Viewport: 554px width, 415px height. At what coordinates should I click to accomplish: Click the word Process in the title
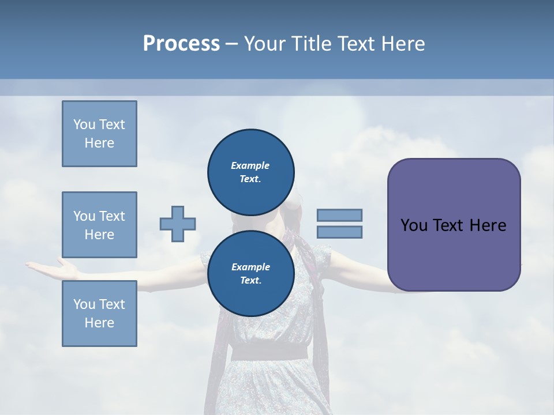[x=181, y=44]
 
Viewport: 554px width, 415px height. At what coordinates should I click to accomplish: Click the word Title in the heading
[x=311, y=44]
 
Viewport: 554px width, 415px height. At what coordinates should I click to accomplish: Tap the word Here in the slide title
[x=402, y=44]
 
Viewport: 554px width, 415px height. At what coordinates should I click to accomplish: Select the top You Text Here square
[x=99, y=134]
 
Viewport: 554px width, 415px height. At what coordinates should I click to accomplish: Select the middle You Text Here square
[x=99, y=225]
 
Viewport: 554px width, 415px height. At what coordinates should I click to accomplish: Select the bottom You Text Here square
[x=99, y=314]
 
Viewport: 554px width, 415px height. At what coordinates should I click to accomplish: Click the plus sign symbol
[x=178, y=224]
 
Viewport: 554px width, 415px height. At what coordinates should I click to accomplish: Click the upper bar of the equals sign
[x=339, y=215]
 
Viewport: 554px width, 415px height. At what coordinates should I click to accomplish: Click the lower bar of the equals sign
[x=339, y=232]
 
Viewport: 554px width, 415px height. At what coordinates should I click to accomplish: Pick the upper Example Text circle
[x=250, y=172]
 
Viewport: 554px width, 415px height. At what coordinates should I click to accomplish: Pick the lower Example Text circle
[x=250, y=273]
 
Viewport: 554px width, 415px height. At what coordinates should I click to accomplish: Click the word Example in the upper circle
[x=250, y=165]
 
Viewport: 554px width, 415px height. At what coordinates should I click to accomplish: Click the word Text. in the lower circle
[x=250, y=281]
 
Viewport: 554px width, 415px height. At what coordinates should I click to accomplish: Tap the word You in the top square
[x=84, y=124]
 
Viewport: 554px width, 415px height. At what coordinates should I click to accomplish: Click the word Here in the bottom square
[x=99, y=323]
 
